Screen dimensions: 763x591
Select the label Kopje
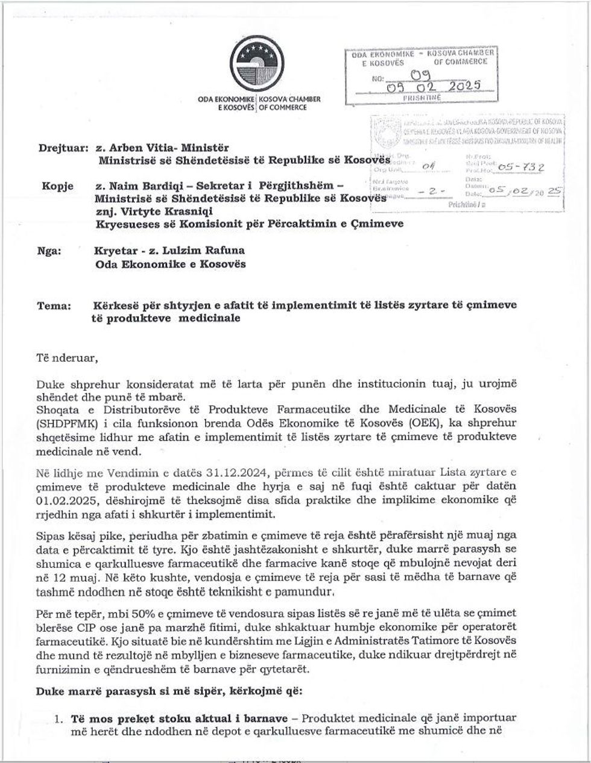click(57, 186)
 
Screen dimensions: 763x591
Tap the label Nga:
click(49, 251)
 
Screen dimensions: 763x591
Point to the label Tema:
click(54, 305)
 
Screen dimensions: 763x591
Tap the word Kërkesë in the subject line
click(115, 305)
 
